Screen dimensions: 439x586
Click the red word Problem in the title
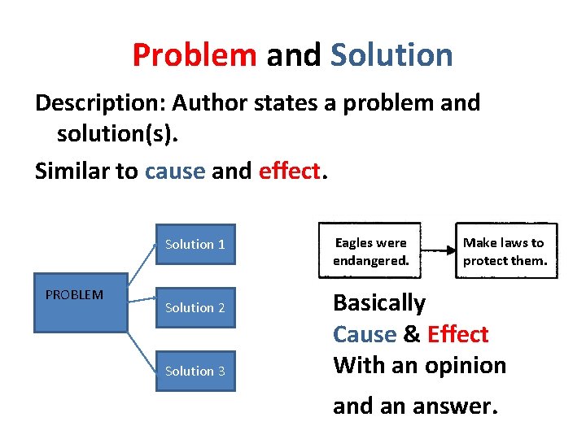(194, 55)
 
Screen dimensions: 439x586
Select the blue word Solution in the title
(391, 55)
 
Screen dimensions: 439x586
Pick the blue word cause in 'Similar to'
(174, 172)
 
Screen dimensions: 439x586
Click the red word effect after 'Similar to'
(291, 172)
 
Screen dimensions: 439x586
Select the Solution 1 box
(195, 244)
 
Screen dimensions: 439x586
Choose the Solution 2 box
(195, 307)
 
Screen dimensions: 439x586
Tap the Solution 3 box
(195, 371)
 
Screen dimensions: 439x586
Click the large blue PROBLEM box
(80, 302)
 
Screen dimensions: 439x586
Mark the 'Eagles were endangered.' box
(370, 251)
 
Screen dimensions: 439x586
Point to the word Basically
(379, 303)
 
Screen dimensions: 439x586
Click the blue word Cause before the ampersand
(365, 334)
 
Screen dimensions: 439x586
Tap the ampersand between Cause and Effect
(412, 334)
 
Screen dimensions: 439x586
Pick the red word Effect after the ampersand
(457, 334)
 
